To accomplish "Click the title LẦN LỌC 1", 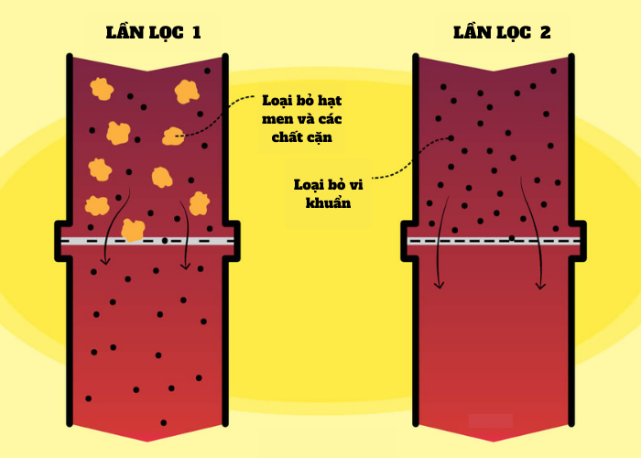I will [153, 34].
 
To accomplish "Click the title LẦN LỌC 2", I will [502, 34].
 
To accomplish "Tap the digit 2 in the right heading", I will [546, 34].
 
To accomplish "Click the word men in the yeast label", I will [275, 119].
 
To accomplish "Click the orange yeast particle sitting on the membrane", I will [134, 230].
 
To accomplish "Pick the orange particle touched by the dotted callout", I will [172, 136].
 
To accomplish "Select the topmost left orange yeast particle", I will [102, 89].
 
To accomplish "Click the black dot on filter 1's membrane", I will [164, 240].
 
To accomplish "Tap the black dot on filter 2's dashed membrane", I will [511, 239].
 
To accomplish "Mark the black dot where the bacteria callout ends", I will [451, 138].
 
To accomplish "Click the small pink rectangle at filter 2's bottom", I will [490, 420].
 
